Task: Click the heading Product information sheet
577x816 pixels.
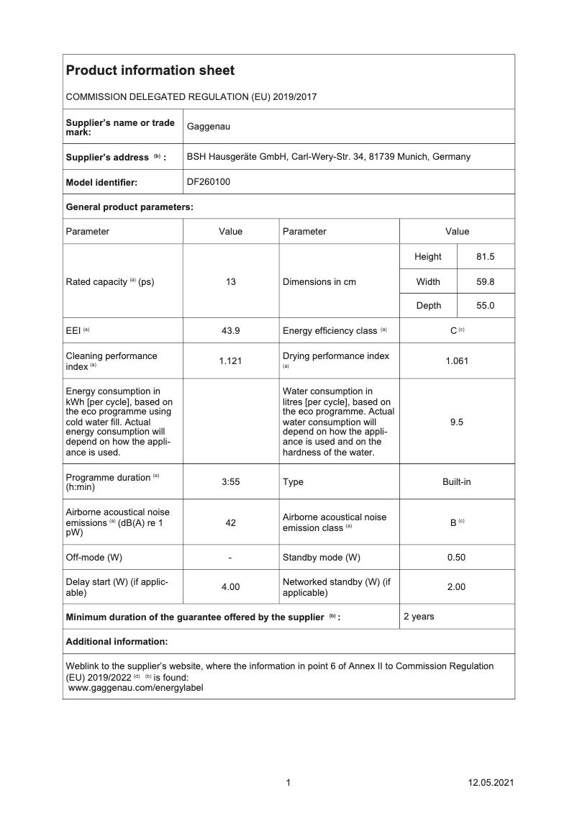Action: pyautogui.click(x=150, y=71)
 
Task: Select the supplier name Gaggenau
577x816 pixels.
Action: pyautogui.click(x=209, y=127)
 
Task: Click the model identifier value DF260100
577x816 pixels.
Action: pyautogui.click(x=209, y=182)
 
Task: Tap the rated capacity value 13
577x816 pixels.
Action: pyautogui.click(x=230, y=282)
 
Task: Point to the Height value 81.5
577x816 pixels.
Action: pyautogui.click(x=486, y=257)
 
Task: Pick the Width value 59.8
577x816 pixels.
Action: pyautogui.click(x=486, y=282)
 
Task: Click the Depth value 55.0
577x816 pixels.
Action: pyautogui.click(x=486, y=306)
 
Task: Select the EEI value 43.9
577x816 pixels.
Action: pyautogui.click(x=230, y=330)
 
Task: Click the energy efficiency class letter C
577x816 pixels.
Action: pyautogui.click(x=453, y=331)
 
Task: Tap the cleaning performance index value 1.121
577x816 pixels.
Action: pyautogui.click(x=230, y=361)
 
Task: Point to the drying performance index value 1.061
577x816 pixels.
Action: pyautogui.click(x=456, y=361)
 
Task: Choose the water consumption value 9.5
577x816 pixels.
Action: pyautogui.click(x=456, y=422)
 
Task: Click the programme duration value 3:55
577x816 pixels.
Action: pyautogui.click(x=230, y=482)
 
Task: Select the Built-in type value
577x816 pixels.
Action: pyautogui.click(x=456, y=482)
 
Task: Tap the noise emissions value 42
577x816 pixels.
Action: pyautogui.click(x=230, y=523)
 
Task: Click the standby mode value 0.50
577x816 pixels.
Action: pyautogui.click(x=456, y=558)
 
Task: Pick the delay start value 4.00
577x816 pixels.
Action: pyautogui.click(x=230, y=587)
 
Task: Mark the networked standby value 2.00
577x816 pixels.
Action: pyautogui.click(x=456, y=587)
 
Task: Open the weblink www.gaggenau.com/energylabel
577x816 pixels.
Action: pyautogui.click(x=135, y=688)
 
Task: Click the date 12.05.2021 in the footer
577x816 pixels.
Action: pyautogui.click(x=491, y=783)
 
